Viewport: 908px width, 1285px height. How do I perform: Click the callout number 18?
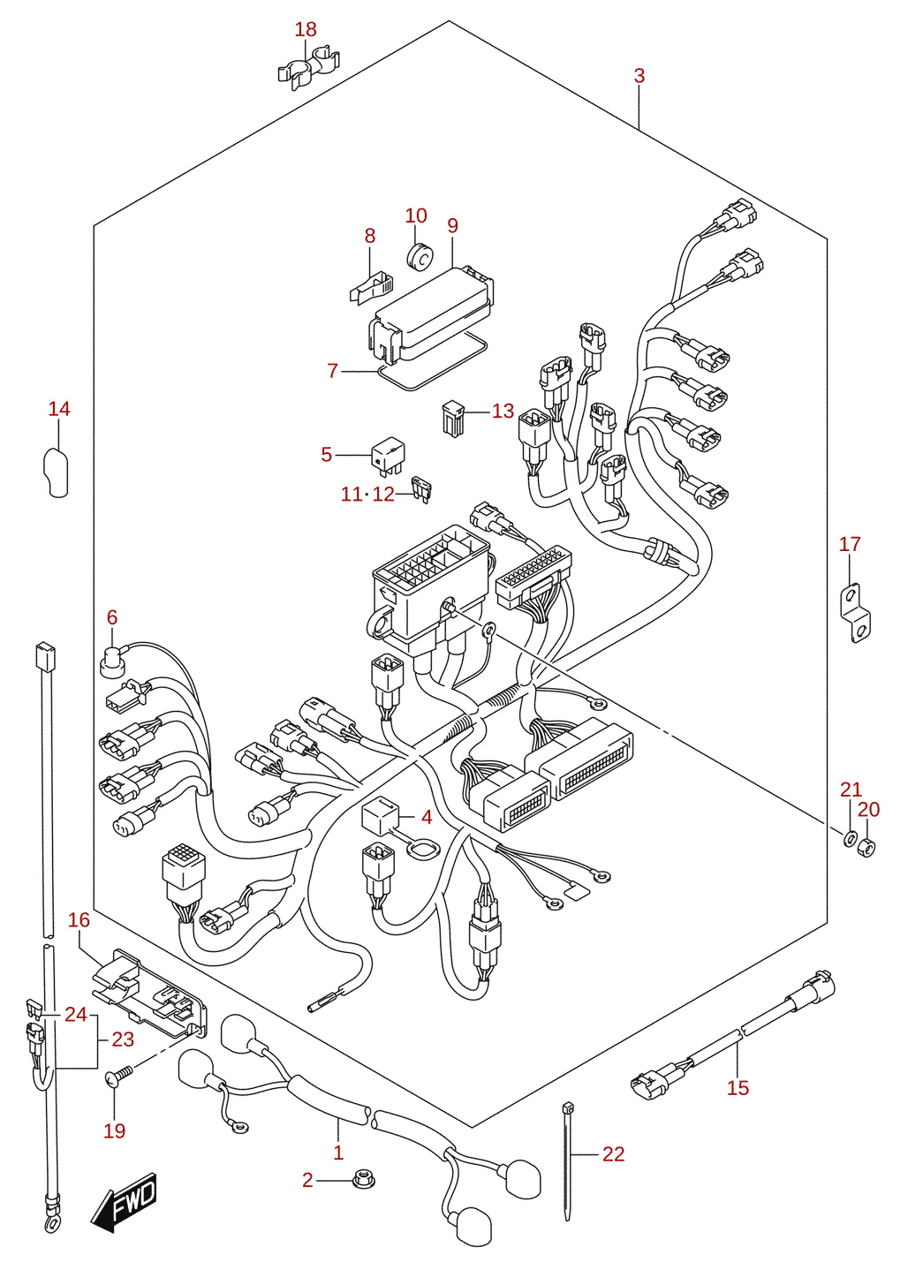[306, 29]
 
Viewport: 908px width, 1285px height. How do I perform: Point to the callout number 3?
[639, 76]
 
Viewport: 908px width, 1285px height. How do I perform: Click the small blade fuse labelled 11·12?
[421, 490]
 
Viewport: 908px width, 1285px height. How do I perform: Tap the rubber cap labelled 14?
[57, 472]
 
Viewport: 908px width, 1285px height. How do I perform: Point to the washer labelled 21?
[849, 840]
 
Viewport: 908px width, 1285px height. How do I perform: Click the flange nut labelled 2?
[363, 1180]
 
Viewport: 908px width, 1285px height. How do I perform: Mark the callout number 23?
[123, 1039]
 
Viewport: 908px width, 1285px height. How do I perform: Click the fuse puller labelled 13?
[454, 419]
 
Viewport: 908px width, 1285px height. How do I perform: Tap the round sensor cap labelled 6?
[111, 661]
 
